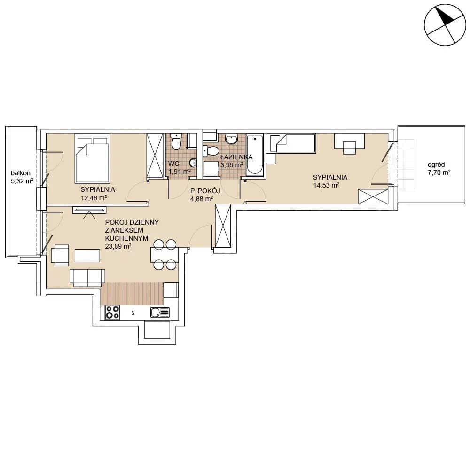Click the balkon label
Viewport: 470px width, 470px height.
tap(21, 173)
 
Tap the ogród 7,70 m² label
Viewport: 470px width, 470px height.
tap(439, 168)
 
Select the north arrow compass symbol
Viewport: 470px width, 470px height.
tap(445, 24)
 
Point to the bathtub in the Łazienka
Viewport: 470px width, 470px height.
tap(255, 155)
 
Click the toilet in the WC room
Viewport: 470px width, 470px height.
tap(176, 141)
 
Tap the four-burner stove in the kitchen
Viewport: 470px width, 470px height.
tap(112, 312)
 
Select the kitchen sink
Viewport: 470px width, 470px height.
tap(160, 313)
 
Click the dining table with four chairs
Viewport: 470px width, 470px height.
tap(164, 255)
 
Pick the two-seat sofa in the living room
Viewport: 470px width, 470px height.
tap(87, 278)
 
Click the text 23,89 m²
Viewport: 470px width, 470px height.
tap(118, 246)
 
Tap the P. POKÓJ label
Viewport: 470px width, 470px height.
tap(205, 191)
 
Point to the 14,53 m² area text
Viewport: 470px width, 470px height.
tap(326, 185)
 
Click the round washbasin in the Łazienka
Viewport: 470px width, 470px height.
tap(231, 139)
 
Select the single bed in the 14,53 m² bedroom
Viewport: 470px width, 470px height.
tap(293, 143)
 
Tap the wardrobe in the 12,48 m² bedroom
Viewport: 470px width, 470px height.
tap(155, 156)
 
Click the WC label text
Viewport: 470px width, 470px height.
tap(173, 164)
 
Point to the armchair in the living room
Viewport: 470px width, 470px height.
tap(60, 255)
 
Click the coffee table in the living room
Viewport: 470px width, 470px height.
tap(87, 256)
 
